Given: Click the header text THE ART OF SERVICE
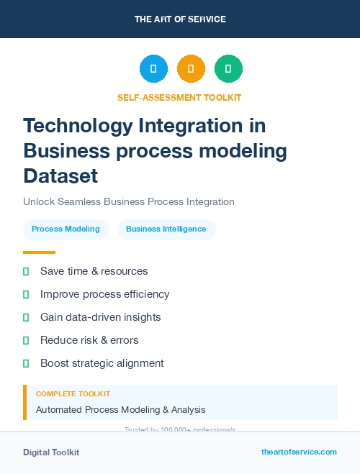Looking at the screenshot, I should (180, 19).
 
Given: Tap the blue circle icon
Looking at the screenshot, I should (153, 69).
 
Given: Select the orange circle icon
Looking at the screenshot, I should (191, 69).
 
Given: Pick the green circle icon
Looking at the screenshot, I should (228, 69).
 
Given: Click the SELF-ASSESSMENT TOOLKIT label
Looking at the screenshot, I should (179, 97).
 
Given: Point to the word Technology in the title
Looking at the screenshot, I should (78, 126).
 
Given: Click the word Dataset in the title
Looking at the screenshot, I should (60, 176).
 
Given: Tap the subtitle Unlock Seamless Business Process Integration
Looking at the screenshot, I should (129, 202).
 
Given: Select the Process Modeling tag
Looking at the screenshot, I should (66, 229).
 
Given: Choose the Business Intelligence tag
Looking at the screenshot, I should (166, 229).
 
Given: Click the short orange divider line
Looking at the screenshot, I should (39, 252).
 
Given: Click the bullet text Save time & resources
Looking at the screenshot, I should (94, 271).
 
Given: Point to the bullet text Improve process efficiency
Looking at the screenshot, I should (105, 294).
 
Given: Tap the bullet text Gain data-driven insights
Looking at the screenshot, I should (101, 317).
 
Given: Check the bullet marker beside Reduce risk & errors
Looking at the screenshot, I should (26, 340).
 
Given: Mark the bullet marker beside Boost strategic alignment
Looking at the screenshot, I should (26, 363).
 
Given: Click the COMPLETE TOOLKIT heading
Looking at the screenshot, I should (73, 394).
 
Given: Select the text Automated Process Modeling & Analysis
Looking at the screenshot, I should (121, 410).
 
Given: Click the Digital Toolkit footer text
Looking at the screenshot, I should (51, 452).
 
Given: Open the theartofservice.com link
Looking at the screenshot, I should (299, 452).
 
